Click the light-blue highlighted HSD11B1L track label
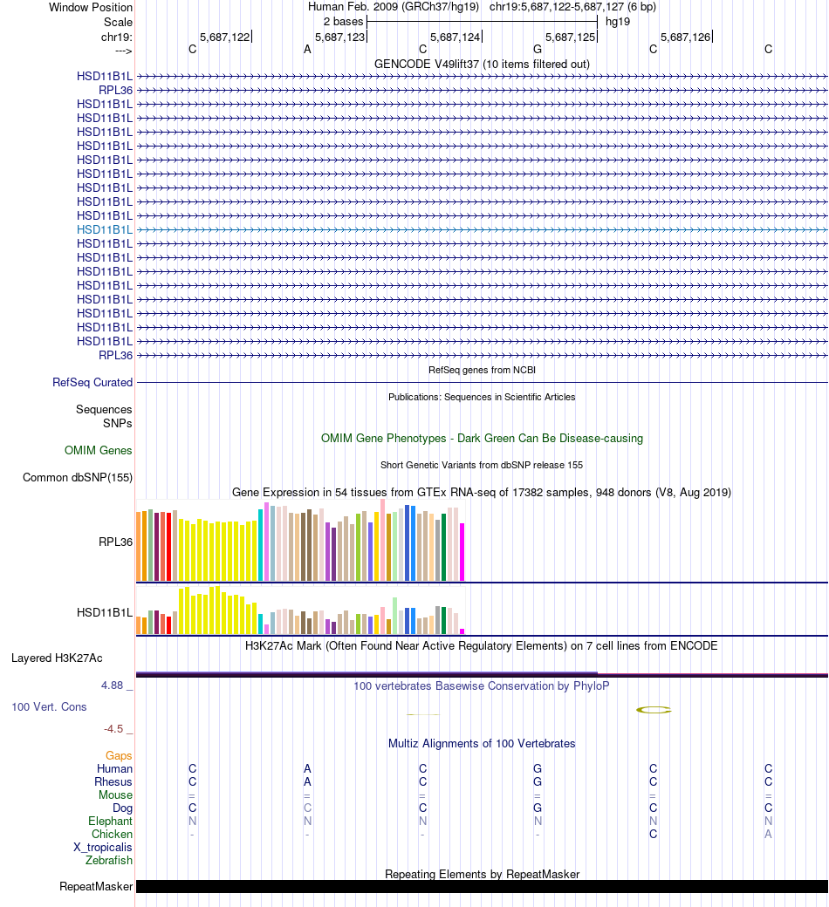[105, 229]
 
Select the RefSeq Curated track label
[92, 382]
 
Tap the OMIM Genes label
[99, 451]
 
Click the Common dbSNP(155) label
[78, 477]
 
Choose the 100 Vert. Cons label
[49, 706]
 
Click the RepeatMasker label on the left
[96, 887]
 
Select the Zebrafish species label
[109, 860]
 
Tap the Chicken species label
[112, 834]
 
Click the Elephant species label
[110, 821]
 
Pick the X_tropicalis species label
[103, 847]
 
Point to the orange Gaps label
[119, 755]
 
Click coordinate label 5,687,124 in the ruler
[455, 38]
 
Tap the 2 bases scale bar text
[343, 21]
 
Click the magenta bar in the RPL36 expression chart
[462, 551]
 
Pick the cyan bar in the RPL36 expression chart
[261, 544]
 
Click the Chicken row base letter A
[768, 834]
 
